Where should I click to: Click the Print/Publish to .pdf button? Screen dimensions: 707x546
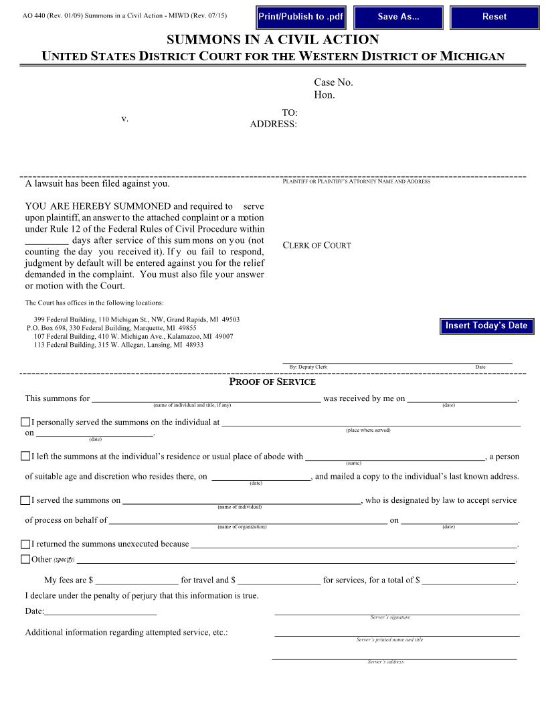click(x=300, y=17)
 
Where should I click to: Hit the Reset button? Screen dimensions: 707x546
click(x=494, y=17)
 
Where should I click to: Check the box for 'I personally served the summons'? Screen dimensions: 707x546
click(x=25, y=422)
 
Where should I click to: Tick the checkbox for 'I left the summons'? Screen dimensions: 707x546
click(x=25, y=456)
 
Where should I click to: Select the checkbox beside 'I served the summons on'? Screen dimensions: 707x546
click(x=25, y=500)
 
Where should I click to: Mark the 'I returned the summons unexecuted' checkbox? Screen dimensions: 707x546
click(x=25, y=544)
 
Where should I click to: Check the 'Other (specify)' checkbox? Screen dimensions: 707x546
click(x=25, y=559)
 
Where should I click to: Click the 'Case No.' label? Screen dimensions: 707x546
click(x=333, y=82)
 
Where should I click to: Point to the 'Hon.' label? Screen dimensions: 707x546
click(x=325, y=95)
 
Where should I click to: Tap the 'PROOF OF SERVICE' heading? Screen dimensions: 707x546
click(x=272, y=382)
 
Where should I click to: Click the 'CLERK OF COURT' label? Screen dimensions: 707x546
click(x=316, y=245)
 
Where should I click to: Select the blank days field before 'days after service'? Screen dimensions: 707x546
click(x=47, y=240)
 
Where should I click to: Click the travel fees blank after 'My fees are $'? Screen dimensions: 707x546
click(x=136, y=580)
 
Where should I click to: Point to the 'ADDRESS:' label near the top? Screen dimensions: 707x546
click(x=273, y=124)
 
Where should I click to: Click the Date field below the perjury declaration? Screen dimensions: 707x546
click(x=100, y=611)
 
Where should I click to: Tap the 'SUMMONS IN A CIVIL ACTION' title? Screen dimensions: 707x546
click(x=272, y=40)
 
